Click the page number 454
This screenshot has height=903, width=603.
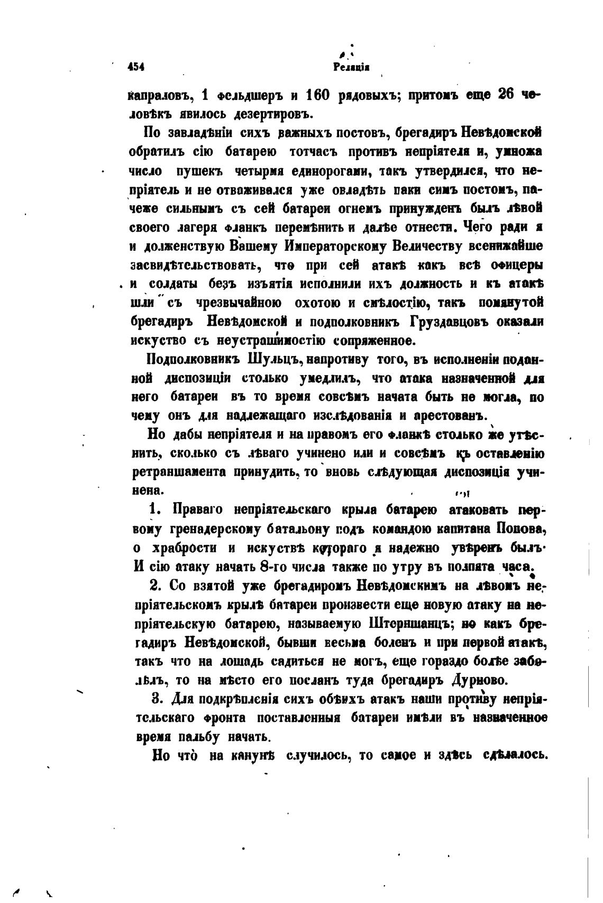click(x=136, y=67)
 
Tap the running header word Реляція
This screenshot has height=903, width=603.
click(x=351, y=67)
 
